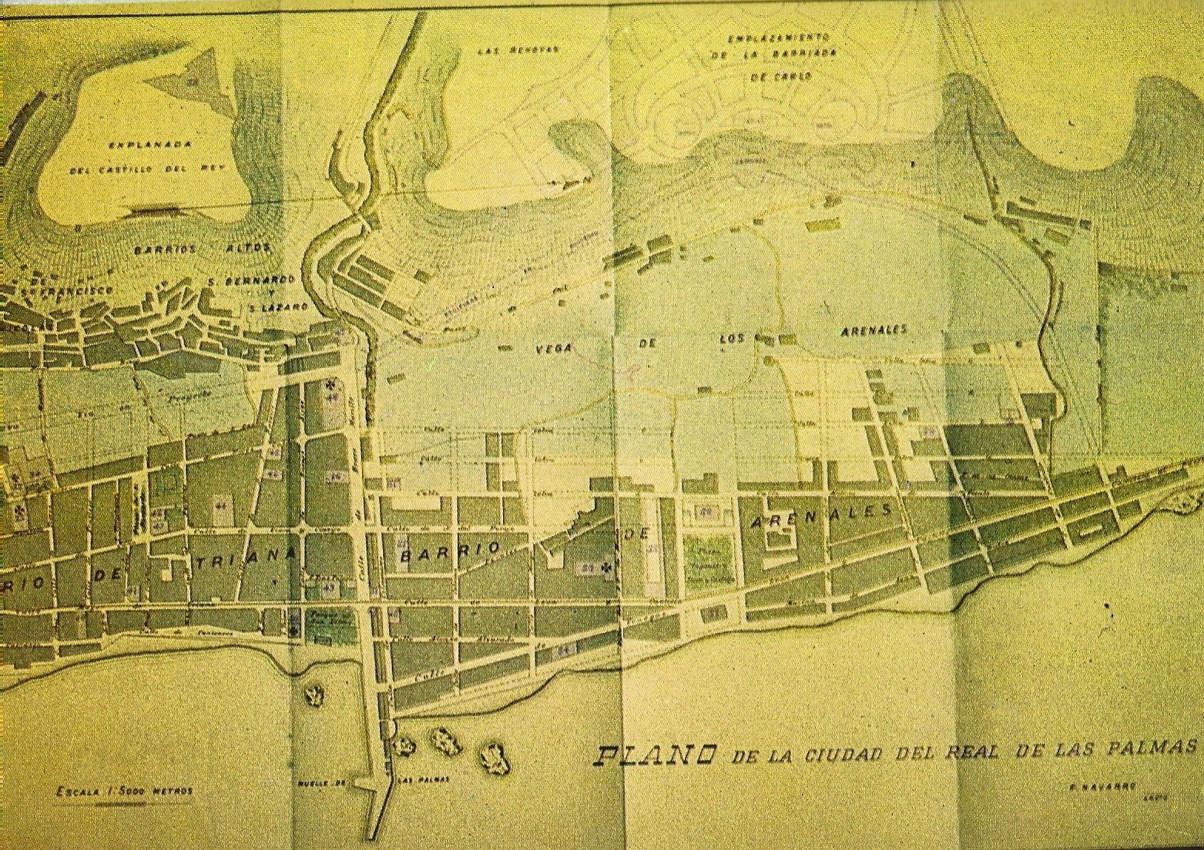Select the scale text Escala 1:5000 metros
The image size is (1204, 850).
pos(124,791)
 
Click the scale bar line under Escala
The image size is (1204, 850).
pos(124,802)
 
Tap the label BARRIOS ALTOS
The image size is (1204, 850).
pos(203,249)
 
